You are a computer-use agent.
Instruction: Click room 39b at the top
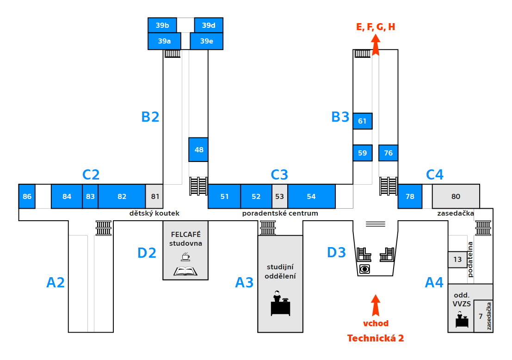click(x=162, y=25)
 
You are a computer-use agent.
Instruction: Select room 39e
click(x=207, y=41)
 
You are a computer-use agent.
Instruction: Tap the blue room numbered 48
click(x=198, y=149)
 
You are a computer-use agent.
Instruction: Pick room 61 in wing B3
click(x=363, y=121)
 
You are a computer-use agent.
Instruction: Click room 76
click(x=388, y=153)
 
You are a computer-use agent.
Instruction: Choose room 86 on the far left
click(x=27, y=196)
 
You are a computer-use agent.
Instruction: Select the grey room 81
click(x=154, y=196)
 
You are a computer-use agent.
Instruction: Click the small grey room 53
click(x=280, y=196)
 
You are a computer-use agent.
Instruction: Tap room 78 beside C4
click(x=410, y=196)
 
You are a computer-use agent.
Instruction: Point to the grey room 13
click(x=457, y=260)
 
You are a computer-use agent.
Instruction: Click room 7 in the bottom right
click(x=481, y=317)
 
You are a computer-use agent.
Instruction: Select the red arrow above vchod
click(x=376, y=305)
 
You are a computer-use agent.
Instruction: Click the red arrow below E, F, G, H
click(x=376, y=46)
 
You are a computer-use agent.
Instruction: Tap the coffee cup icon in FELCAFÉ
click(x=185, y=257)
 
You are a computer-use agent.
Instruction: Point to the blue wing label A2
click(x=56, y=282)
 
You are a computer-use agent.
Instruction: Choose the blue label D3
click(x=337, y=253)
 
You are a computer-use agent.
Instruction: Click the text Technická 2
click(x=376, y=338)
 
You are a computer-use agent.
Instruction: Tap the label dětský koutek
click(x=154, y=213)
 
